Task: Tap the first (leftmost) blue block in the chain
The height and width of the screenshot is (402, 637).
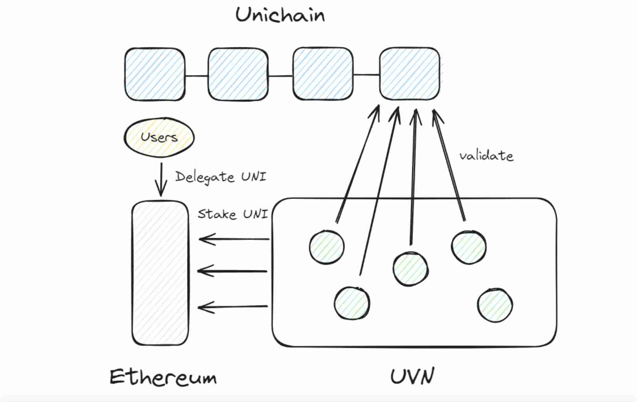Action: [x=155, y=74]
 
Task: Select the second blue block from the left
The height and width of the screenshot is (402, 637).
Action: [x=238, y=74]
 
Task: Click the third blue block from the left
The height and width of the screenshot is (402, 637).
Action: [x=323, y=74]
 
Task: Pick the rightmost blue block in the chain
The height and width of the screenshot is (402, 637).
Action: [x=409, y=74]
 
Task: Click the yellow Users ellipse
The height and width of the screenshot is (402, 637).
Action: [x=159, y=138]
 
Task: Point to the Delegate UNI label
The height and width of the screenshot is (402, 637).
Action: [x=220, y=177]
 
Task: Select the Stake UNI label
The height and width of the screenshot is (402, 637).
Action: [x=233, y=214]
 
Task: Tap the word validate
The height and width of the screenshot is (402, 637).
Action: [x=486, y=156]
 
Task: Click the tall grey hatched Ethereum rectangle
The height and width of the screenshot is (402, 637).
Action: [x=160, y=273]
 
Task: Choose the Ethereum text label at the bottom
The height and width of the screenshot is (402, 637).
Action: [x=163, y=377]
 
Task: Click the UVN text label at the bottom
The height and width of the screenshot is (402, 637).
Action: [x=412, y=377]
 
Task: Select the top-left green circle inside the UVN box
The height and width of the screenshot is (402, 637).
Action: [x=327, y=247]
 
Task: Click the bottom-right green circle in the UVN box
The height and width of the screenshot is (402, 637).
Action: [x=495, y=305]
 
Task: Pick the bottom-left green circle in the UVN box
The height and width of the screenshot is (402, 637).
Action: [x=352, y=303]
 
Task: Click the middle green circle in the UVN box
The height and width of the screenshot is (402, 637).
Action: [x=411, y=269]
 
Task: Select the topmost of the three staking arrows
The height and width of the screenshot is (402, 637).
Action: [x=234, y=239]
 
